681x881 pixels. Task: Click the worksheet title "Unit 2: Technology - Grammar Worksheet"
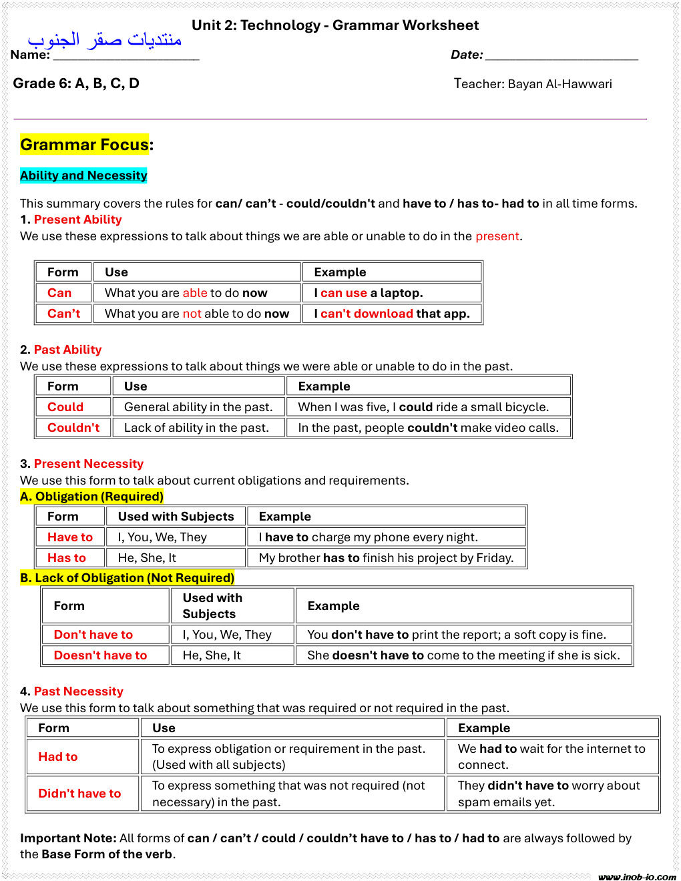point(335,25)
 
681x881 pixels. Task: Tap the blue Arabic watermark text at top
point(105,40)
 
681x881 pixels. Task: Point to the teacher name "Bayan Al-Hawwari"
point(559,84)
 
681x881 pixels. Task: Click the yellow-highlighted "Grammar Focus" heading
point(85,145)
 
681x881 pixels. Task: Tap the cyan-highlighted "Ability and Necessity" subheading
point(83,176)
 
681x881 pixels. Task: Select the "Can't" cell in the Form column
point(63,314)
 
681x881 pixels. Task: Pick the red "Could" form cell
point(65,407)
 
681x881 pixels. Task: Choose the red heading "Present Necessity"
point(89,464)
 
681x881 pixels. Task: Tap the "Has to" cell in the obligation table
point(67,558)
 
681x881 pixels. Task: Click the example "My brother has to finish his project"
point(386,558)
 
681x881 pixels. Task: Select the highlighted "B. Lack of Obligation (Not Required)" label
point(128,578)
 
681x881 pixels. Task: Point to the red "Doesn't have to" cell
point(100,655)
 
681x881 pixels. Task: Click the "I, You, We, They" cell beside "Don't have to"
point(227,635)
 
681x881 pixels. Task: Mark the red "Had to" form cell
point(58,757)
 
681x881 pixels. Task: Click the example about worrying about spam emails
point(549,794)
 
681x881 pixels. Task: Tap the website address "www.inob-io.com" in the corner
point(636,876)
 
